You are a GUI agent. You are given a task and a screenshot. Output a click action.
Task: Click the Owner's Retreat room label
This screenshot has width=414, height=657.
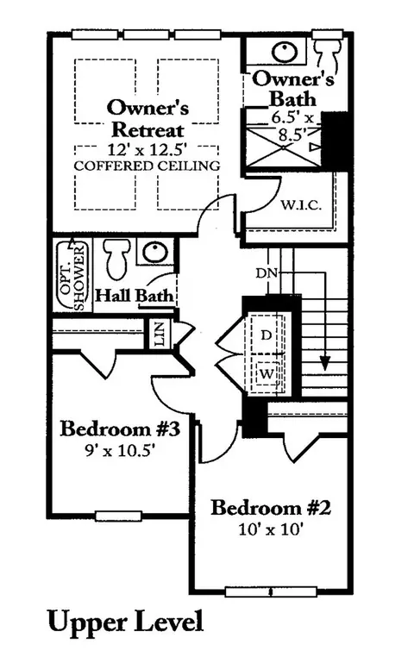tap(147, 119)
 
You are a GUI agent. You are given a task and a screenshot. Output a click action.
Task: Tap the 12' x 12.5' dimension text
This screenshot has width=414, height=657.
tap(147, 149)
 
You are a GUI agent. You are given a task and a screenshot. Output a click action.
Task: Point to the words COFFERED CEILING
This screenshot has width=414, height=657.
tap(147, 166)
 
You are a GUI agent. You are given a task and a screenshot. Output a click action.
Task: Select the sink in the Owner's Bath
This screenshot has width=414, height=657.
tap(285, 52)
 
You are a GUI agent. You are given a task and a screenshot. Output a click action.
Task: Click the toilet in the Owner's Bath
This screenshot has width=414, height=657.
tap(329, 53)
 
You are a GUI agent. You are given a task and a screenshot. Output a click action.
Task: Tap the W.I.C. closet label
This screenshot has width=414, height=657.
tap(301, 205)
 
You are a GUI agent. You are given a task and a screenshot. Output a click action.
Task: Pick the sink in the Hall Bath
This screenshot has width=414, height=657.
tap(155, 253)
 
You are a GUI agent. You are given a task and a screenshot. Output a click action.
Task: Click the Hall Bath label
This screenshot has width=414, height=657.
tap(135, 296)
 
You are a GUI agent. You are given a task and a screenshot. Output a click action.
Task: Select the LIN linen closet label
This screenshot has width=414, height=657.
tap(160, 333)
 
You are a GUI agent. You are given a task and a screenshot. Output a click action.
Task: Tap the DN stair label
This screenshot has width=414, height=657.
tap(267, 273)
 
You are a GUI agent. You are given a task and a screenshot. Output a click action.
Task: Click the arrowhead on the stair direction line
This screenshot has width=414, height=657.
tap(325, 363)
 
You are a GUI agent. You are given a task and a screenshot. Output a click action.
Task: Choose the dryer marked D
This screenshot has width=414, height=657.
tap(267, 335)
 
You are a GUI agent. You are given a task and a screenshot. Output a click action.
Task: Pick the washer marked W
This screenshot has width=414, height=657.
tap(267, 373)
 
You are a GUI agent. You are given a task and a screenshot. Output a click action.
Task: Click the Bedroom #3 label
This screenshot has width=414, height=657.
tap(120, 429)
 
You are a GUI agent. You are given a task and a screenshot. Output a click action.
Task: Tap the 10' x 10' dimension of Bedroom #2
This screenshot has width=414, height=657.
tap(271, 529)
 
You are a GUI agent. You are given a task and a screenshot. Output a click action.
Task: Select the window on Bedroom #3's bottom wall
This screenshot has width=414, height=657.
tap(118, 516)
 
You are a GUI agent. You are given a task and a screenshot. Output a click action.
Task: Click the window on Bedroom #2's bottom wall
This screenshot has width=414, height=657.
tap(271, 591)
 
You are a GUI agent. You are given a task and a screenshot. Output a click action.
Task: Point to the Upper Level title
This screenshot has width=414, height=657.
tap(125, 623)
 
